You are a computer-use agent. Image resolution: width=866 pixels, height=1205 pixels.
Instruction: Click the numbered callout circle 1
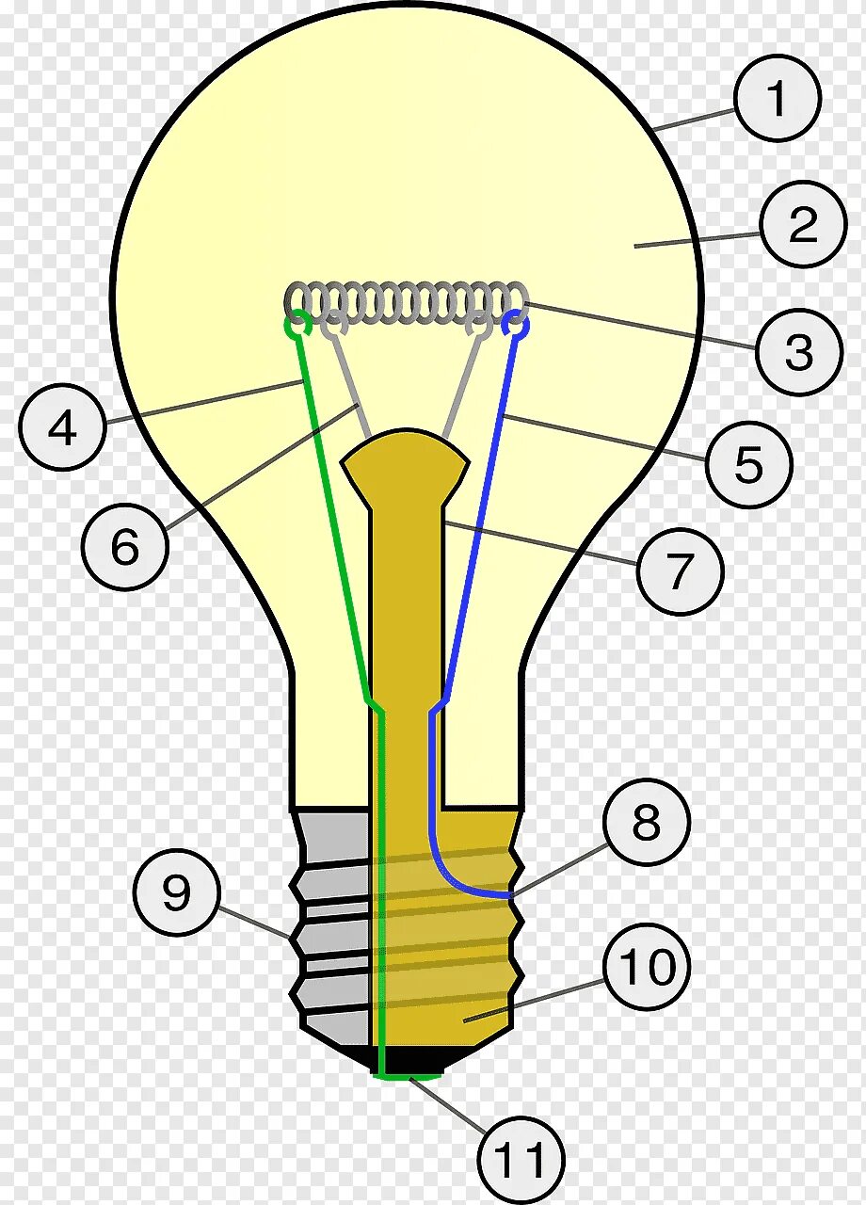pos(778,99)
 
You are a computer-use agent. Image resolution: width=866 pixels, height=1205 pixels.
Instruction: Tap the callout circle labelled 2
pos(803,225)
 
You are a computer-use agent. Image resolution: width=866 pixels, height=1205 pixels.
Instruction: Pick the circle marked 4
pos(62,429)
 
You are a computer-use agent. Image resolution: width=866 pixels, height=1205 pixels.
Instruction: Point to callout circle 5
pos(749,464)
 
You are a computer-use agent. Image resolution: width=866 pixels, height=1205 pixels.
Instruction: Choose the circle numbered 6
pos(125,547)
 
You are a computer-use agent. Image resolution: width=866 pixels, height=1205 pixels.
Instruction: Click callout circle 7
pos(680,570)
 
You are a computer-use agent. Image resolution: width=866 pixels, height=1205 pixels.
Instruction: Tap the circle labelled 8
pos(647,823)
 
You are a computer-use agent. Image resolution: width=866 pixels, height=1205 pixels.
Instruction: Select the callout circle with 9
pos(177,893)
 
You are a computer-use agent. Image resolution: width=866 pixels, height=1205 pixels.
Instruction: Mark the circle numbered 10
pos(647,966)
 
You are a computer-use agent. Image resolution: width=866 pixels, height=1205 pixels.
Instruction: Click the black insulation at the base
pos(358,1056)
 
